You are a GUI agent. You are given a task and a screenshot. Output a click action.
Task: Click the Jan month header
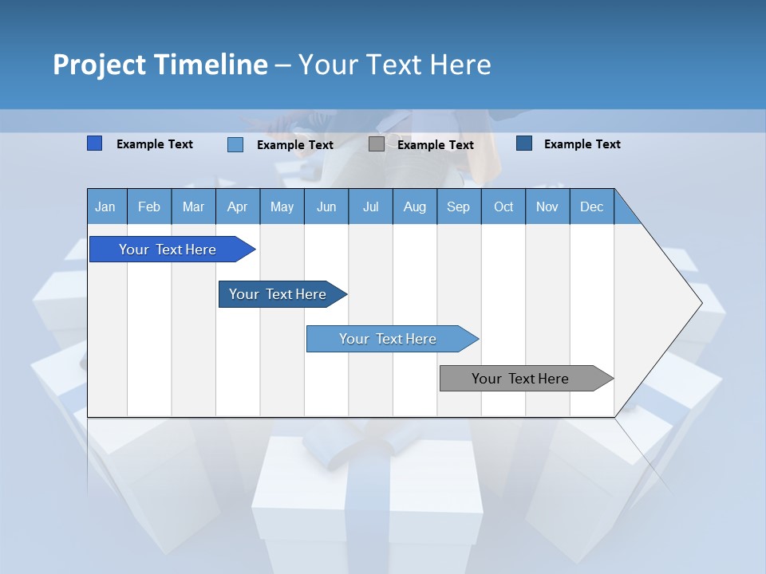click(106, 206)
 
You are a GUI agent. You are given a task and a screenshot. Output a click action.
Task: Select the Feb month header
click(149, 206)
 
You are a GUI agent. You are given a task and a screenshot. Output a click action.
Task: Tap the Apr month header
click(238, 206)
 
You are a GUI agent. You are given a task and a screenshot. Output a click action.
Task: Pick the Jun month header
click(326, 206)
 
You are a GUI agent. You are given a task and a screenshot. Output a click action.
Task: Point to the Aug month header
click(415, 206)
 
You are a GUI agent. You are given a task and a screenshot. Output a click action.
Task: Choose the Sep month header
click(459, 206)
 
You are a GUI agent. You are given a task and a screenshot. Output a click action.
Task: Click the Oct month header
click(503, 206)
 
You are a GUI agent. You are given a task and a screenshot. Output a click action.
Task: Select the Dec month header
click(592, 206)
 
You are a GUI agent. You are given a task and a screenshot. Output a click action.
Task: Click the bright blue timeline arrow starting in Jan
click(168, 250)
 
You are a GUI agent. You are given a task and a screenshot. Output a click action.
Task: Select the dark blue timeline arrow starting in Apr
click(278, 294)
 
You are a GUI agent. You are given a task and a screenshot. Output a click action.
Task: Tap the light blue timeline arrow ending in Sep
click(388, 339)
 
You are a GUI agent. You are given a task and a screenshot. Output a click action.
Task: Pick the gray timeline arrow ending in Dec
click(520, 379)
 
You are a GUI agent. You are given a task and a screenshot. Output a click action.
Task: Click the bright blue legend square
click(94, 143)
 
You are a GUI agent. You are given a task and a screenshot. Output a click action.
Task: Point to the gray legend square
click(377, 144)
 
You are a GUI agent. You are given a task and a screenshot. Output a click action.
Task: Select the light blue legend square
click(235, 144)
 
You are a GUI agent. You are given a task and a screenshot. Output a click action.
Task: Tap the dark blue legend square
click(524, 143)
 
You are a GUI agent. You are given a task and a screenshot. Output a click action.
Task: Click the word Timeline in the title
click(211, 65)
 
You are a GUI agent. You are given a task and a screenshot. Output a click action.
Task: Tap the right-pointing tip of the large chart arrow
click(700, 303)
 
